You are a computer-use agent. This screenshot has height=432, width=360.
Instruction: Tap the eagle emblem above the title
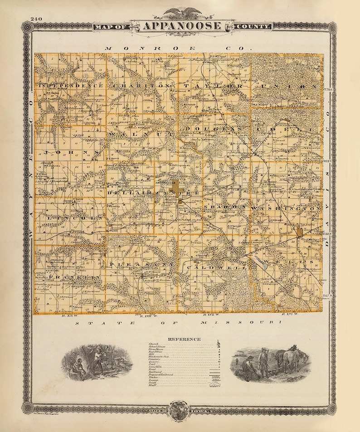(181, 12)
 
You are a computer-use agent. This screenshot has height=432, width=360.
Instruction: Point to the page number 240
(37, 19)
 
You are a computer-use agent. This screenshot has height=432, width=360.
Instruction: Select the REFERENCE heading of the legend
(184, 339)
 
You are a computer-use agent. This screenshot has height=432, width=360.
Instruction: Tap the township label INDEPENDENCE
(71, 86)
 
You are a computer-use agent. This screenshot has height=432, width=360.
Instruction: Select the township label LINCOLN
(76, 218)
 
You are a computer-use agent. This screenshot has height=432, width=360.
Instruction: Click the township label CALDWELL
(217, 268)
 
